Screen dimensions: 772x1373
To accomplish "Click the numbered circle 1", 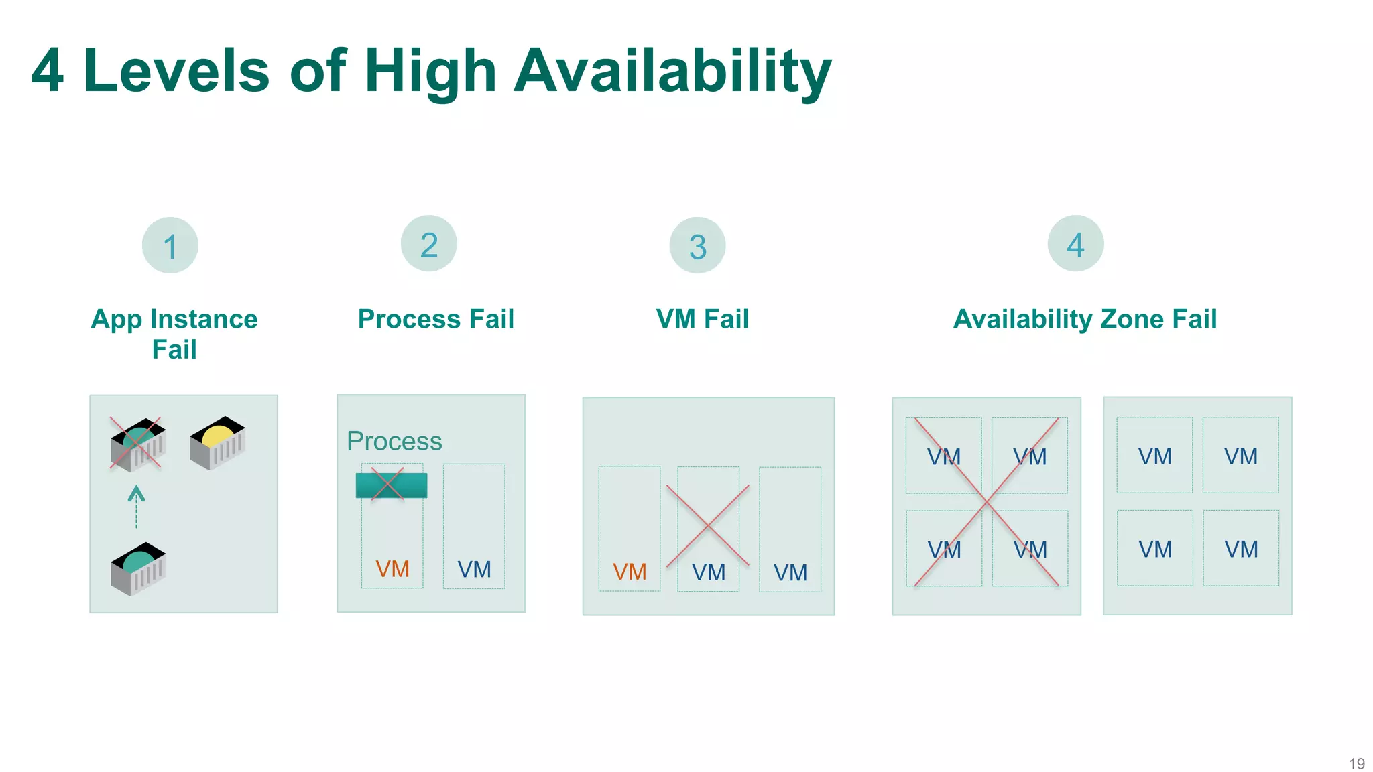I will (170, 245).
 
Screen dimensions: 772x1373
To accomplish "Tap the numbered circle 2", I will (429, 243).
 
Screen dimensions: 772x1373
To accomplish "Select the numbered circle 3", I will (697, 245).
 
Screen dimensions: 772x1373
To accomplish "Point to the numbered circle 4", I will (1075, 243).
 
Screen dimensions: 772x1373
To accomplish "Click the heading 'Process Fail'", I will (436, 319).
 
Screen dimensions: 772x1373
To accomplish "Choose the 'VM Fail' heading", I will (702, 319).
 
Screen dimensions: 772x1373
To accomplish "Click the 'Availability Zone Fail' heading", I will (1085, 319).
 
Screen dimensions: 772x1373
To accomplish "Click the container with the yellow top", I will (218, 443).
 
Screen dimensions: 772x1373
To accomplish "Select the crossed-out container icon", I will (137, 444).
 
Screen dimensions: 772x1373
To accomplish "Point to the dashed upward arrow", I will (136, 506).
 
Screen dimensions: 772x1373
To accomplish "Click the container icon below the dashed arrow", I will (138, 569).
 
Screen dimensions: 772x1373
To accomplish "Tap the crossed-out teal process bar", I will (391, 485).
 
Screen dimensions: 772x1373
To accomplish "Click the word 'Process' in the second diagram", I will (394, 441).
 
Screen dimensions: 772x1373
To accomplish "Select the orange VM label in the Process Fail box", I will (392, 569).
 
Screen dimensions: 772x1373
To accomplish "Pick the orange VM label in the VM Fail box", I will (630, 572).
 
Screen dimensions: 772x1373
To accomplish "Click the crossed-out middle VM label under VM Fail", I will (709, 572).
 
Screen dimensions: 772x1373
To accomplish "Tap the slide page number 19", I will (1356, 763).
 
